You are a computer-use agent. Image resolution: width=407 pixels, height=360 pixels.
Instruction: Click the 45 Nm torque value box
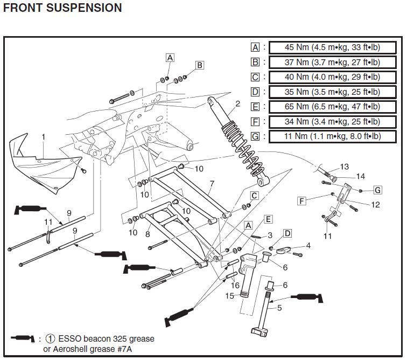333,47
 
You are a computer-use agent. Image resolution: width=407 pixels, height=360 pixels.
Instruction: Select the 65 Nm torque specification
333,107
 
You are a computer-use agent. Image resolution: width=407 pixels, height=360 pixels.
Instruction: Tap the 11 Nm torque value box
333,136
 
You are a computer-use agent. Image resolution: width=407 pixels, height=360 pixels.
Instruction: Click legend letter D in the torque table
255,92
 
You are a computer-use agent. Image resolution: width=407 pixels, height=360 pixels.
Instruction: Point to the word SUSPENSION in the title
84,8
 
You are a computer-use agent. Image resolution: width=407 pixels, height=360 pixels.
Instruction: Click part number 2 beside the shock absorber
237,103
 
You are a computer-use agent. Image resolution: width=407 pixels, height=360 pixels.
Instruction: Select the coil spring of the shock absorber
243,148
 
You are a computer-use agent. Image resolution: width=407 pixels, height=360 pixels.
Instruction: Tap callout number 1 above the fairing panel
44,136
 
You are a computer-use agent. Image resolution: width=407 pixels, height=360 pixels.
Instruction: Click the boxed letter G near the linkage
378,190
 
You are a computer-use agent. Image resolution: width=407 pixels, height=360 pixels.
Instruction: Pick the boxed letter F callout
301,201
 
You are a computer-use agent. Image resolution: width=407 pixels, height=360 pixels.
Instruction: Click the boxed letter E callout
268,219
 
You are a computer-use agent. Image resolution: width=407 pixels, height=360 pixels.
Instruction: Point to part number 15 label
230,296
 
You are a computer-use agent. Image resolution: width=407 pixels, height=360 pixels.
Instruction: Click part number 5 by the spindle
279,308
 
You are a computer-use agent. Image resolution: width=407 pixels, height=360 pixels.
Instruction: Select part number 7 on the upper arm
212,184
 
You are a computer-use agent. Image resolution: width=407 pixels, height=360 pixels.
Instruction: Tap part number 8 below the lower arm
148,234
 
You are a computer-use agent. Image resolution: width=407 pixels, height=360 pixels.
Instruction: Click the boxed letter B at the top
200,65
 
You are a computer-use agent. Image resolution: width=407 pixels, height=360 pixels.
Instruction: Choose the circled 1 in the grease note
50,338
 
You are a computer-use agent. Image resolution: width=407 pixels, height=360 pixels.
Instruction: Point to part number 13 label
344,167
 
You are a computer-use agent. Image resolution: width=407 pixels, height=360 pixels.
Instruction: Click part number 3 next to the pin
270,235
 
